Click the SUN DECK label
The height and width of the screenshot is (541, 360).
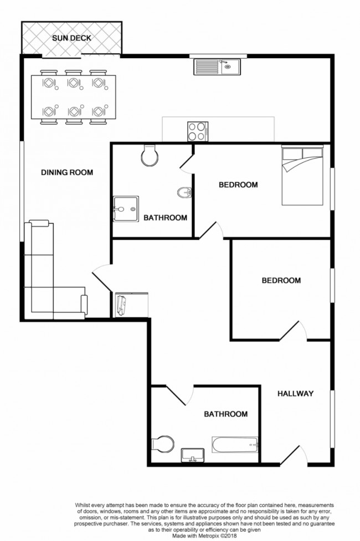point(71,38)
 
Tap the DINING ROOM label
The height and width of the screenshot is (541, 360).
point(67,173)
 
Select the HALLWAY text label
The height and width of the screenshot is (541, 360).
point(296,394)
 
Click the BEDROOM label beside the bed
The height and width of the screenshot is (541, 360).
point(238,185)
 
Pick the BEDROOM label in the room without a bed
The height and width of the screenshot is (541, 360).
point(281,281)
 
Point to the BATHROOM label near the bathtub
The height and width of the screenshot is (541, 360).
point(225,414)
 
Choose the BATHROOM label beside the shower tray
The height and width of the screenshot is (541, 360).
point(165,218)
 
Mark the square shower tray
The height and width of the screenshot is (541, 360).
point(126,209)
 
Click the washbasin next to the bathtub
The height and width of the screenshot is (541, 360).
point(193,455)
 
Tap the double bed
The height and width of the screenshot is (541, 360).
point(305,175)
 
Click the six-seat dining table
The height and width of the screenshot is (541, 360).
point(74,97)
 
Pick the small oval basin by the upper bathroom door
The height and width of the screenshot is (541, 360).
point(185,193)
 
